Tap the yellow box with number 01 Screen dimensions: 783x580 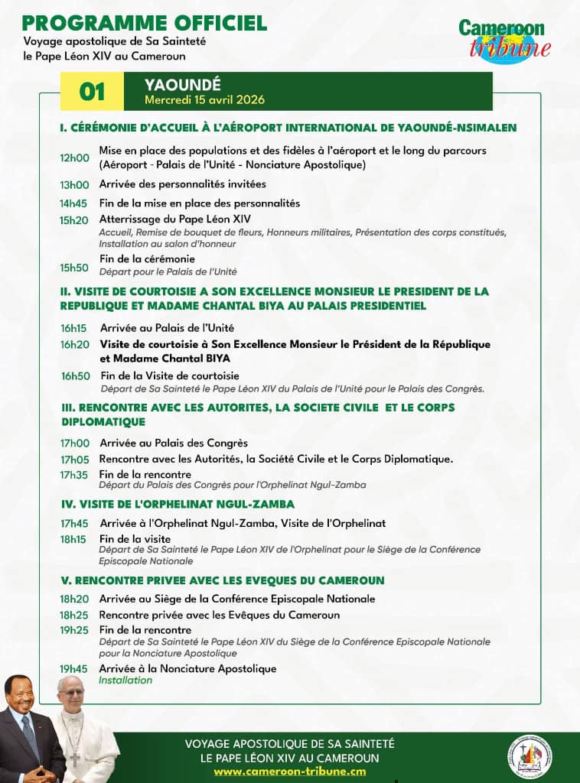tap(93, 92)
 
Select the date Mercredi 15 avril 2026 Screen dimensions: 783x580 tap(205, 100)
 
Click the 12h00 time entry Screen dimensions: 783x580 tap(75, 158)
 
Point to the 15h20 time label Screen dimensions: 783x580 tap(75, 219)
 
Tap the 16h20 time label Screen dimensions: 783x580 tap(75, 345)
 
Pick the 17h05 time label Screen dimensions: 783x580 tap(75, 460)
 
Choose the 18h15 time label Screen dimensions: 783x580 tap(75, 539)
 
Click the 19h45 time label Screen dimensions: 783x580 tap(75, 669)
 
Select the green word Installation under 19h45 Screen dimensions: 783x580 tap(125, 681)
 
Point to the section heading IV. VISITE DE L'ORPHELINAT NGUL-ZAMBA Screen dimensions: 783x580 tap(178, 504)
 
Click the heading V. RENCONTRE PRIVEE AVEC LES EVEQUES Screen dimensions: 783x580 tap(223, 580)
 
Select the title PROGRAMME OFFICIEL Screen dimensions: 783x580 tap(145, 23)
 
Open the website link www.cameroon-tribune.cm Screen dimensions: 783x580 tap(289, 772)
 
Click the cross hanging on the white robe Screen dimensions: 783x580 tap(76, 756)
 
